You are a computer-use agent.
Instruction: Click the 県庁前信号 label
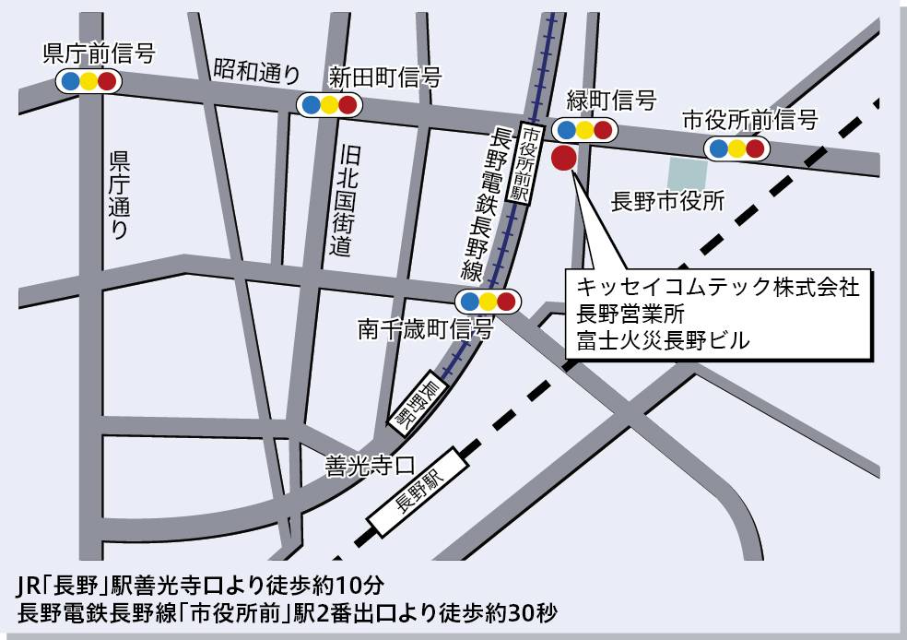tap(99, 53)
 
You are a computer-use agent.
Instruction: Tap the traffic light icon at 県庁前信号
tap(88, 81)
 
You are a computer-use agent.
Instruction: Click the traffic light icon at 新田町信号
tap(328, 104)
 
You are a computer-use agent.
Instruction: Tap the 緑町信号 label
tap(611, 101)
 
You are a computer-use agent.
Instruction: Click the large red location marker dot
tap(563, 158)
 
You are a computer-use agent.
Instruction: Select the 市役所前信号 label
tap(750, 120)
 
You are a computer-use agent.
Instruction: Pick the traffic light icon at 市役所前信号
tap(736, 148)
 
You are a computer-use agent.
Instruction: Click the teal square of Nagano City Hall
tap(688, 172)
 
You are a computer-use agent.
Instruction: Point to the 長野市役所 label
tap(668, 202)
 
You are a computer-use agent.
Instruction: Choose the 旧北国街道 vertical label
tap(342, 200)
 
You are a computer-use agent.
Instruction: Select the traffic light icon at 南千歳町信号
tap(488, 301)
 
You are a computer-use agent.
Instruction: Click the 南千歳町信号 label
tap(426, 328)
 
